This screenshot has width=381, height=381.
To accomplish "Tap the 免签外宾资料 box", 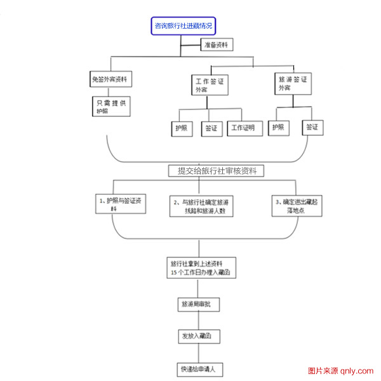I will point(112,81).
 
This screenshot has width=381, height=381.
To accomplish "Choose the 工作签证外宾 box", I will point(211,85).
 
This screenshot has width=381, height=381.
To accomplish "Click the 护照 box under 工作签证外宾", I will point(182,128).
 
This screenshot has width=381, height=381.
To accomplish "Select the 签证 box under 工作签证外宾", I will point(211,128).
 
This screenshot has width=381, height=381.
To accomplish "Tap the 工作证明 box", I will point(244,128).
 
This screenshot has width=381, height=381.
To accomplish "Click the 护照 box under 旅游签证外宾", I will point(279,128).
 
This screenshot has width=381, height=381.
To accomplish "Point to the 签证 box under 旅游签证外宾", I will point(312,128).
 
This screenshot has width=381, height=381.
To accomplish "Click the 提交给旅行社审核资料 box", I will point(216,171).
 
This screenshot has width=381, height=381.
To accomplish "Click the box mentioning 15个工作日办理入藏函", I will point(200,267).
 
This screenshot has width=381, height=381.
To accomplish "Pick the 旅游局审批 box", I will point(200,304).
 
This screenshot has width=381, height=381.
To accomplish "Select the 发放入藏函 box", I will point(200,336).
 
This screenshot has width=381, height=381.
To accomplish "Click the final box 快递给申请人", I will point(200,368).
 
